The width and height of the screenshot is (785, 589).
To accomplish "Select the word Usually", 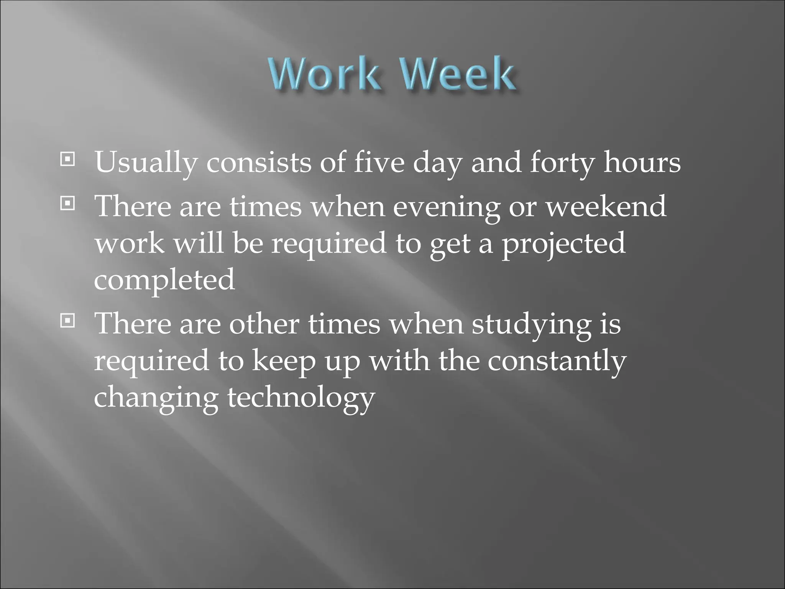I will click(x=146, y=163).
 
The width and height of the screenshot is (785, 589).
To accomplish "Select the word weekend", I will click(x=606, y=206).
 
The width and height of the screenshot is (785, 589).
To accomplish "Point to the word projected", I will click(x=564, y=244).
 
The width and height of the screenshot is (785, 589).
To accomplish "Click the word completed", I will click(x=164, y=280).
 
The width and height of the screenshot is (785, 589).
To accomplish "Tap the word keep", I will click(x=283, y=362).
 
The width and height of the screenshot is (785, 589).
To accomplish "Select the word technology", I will click(x=301, y=398).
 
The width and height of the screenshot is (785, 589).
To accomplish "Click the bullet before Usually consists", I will click(x=67, y=159).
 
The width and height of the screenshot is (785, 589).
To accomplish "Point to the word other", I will click(x=264, y=324).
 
